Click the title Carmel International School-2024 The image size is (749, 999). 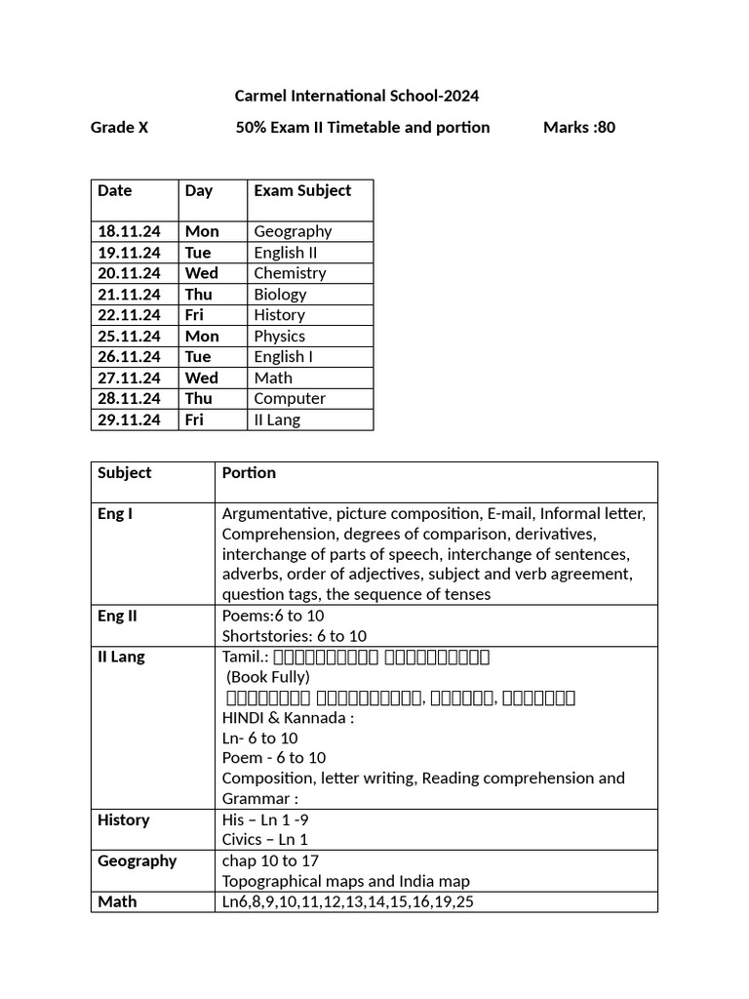tap(357, 96)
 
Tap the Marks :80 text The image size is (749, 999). tap(578, 127)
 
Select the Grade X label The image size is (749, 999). tap(119, 127)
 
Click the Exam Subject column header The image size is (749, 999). tap(302, 190)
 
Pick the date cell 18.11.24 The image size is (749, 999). tap(129, 231)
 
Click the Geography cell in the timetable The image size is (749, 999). tap(293, 231)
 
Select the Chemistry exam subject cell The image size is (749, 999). tap(290, 273)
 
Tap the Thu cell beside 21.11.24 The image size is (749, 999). tap(198, 294)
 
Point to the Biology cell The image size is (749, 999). tap(280, 294)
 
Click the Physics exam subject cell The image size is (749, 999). tap(279, 336)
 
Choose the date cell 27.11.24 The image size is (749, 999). tap(129, 378)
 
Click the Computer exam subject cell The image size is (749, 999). tap(290, 398)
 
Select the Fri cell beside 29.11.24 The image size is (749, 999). tap(194, 420)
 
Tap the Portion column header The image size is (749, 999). tap(249, 472)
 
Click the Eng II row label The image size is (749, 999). tap(117, 616)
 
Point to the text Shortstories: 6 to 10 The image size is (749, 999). tap(295, 636)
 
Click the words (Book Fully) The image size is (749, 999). tap(268, 677)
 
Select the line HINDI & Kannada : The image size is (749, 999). tap(288, 718)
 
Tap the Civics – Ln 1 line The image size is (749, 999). tap(265, 839)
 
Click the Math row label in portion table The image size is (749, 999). tap(117, 901)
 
